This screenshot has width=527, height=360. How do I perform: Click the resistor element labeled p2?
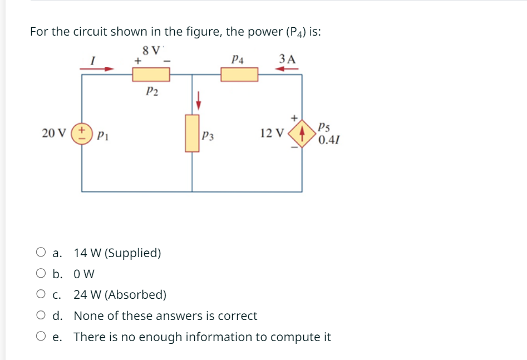pos(151,74)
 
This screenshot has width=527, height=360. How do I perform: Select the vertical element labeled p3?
pos(193,132)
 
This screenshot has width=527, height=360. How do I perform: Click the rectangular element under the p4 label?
pos(239,74)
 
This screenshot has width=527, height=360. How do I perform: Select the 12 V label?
pos(271,134)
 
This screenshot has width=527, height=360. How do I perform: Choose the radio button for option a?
pos(41,253)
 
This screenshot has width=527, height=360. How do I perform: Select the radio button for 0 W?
pos(41,274)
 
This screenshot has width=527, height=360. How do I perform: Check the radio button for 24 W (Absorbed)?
pos(41,294)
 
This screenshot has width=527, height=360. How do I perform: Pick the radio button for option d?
pos(41,315)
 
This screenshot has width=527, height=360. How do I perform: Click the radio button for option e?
pos(41,337)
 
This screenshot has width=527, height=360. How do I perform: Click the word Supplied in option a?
pos(133,253)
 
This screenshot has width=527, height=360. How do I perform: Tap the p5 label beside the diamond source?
pos(325,127)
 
